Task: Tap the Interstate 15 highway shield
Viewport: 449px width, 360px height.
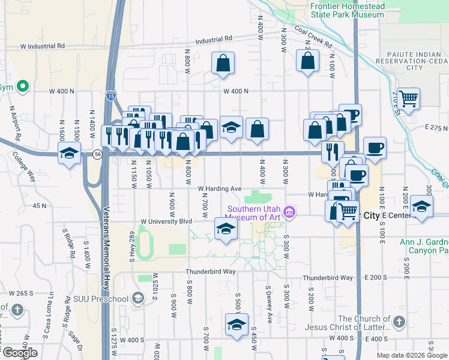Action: pyautogui.click(x=110, y=95)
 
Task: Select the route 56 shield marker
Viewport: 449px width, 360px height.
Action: pyautogui.click(x=98, y=154)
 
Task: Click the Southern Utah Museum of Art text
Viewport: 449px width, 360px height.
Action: pyautogui.click(x=255, y=212)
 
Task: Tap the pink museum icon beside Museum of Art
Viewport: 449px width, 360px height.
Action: pyautogui.click(x=290, y=212)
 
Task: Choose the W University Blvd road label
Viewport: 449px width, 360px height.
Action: pyautogui.click(x=166, y=221)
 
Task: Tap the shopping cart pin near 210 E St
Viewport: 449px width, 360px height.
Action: pyautogui.click(x=409, y=98)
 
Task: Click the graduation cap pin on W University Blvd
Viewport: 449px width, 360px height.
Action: pyautogui.click(x=226, y=229)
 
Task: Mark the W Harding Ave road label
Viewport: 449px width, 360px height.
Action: pyautogui.click(x=220, y=188)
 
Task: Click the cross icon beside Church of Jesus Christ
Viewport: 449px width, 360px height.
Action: pyautogui.click(x=399, y=323)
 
